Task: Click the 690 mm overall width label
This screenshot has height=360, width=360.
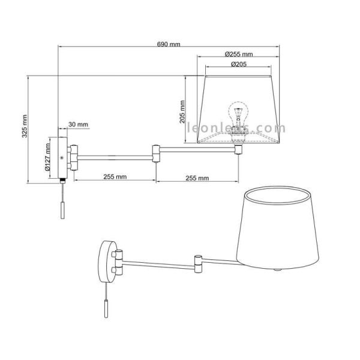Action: pos(169,44)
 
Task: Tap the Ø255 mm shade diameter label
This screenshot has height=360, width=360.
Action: pos(239,55)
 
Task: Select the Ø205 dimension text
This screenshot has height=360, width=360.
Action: pos(239,65)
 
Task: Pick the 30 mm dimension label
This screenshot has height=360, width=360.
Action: pos(78,124)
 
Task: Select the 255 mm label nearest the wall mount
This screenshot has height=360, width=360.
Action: pos(114,177)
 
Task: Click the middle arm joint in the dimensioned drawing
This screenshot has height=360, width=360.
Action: pos(156,154)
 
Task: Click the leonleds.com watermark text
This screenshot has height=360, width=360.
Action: pos(237,128)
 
